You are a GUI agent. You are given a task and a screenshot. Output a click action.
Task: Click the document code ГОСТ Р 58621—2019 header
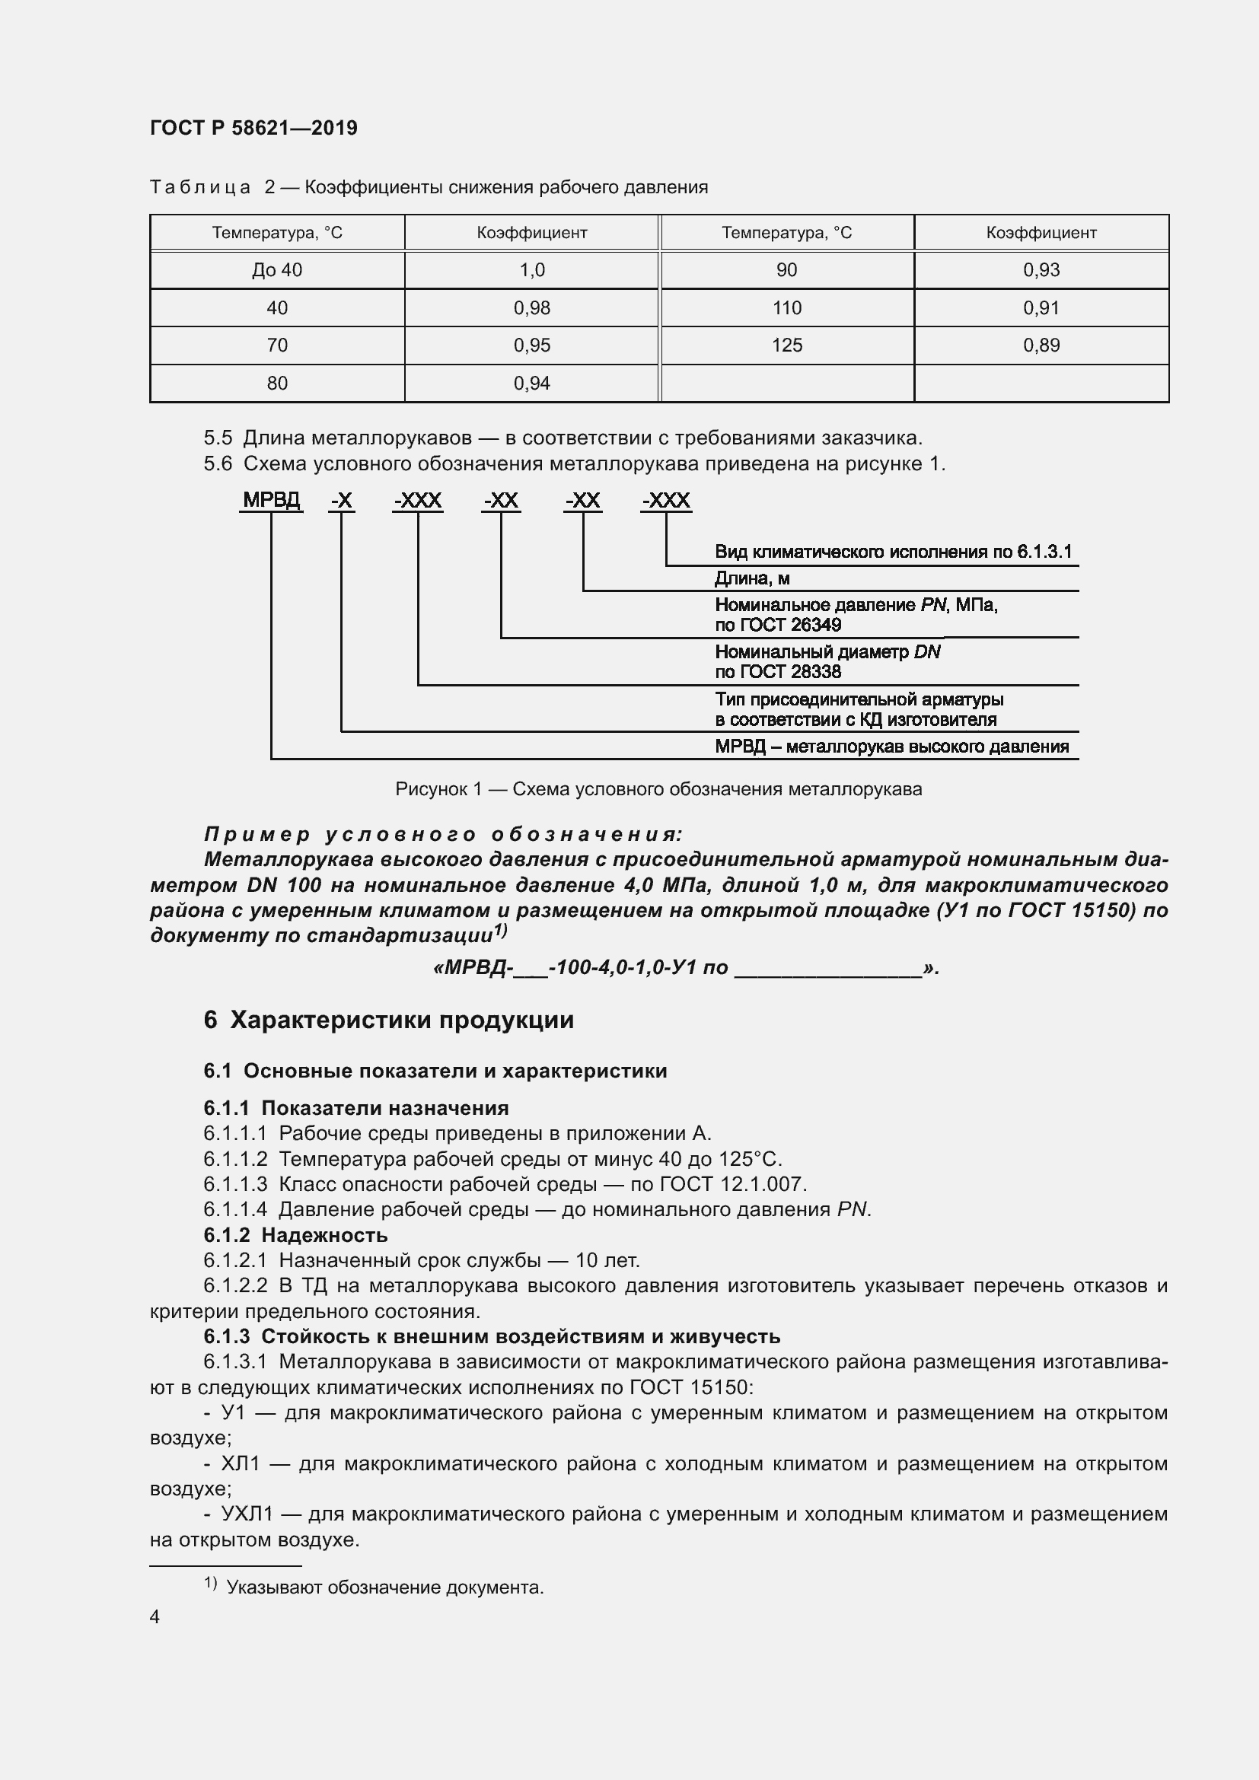click(253, 128)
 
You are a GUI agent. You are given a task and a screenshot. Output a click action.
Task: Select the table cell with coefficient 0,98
click(531, 307)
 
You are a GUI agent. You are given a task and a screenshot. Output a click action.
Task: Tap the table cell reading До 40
click(277, 270)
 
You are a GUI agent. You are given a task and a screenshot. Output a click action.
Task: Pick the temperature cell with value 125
click(786, 345)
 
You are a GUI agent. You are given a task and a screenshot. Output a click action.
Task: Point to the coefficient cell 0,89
click(1041, 345)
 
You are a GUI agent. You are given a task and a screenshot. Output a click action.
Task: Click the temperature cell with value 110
click(786, 307)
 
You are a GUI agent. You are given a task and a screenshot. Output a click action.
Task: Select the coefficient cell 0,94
click(531, 383)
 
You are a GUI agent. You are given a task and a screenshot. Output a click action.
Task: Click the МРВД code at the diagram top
click(270, 500)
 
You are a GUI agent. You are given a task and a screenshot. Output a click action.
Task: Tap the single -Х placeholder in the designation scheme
click(341, 501)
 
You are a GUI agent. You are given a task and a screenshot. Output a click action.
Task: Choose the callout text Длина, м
click(752, 578)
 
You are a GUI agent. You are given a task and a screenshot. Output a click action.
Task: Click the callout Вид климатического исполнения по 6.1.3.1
click(892, 551)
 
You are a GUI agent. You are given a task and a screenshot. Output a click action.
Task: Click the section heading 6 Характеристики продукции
click(388, 1020)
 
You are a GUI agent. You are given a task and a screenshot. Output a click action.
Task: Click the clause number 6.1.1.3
click(235, 1184)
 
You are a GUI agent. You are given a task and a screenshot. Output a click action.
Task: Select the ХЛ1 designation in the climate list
click(241, 1463)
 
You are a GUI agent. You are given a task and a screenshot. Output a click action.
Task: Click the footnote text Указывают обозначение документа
click(384, 1587)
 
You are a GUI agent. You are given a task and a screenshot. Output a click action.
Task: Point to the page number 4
click(155, 1616)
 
